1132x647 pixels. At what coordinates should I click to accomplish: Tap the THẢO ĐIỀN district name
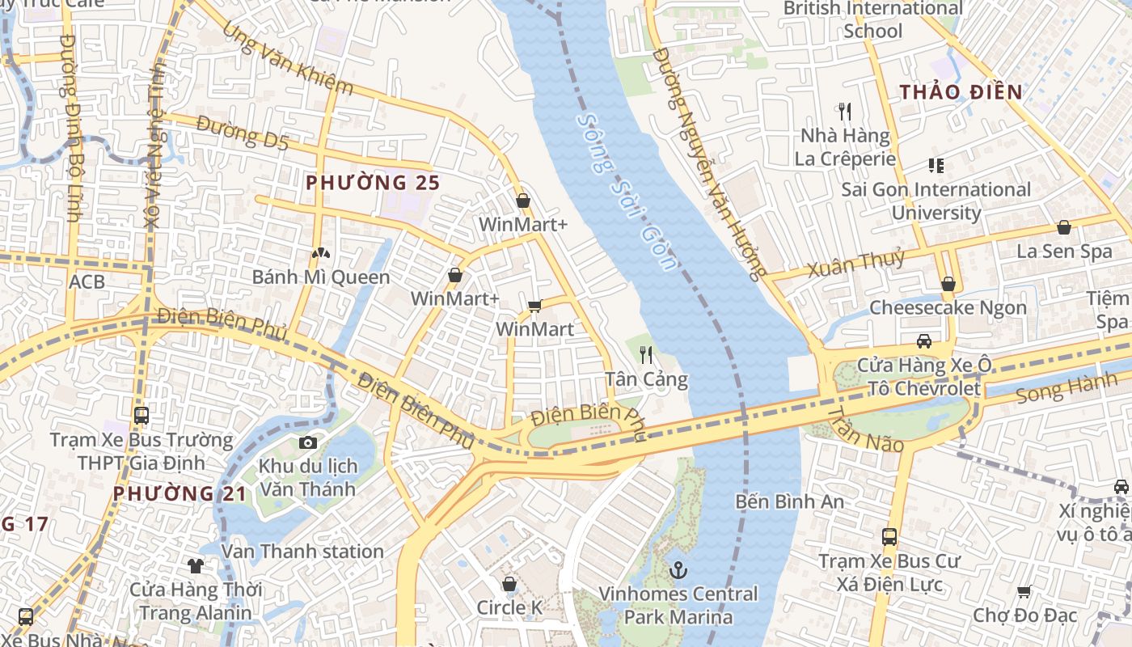click(x=961, y=91)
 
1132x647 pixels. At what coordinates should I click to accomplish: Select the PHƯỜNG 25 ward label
click(x=373, y=183)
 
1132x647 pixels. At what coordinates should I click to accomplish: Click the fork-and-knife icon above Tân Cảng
click(x=646, y=354)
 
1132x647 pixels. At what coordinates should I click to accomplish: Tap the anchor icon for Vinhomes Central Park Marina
click(x=678, y=571)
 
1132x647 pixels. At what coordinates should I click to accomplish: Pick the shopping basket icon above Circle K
click(x=509, y=584)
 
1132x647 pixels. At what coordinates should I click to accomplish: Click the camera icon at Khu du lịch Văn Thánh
click(x=307, y=442)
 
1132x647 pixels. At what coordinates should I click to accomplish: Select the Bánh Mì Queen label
click(x=321, y=277)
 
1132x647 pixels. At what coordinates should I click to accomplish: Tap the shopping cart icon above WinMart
click(x=534, y=306)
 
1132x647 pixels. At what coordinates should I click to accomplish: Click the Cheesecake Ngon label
click(x=948, y=308)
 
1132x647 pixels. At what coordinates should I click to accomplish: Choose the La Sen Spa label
click(x=1064, y=252)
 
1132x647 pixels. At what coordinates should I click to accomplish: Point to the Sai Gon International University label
click(x=936, y=201)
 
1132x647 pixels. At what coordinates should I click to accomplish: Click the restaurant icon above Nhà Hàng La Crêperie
click(x=845, y=111)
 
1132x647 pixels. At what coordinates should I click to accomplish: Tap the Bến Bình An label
click(x=790, y=501)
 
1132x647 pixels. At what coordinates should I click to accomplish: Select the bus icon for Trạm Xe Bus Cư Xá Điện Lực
click(x=889, y=536)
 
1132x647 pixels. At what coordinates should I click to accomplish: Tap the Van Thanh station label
click(x=302, y=552)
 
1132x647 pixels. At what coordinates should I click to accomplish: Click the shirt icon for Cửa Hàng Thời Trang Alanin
click(x=195, y=565)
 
